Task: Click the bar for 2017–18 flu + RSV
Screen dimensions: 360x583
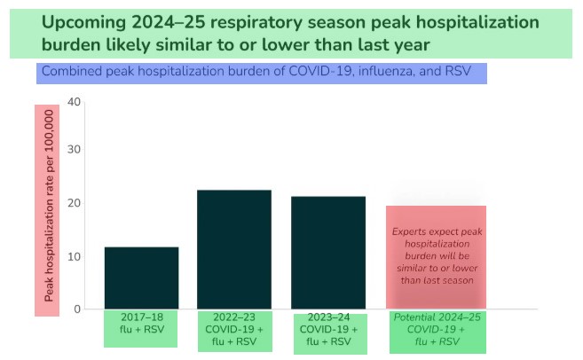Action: click(x=142, y=278)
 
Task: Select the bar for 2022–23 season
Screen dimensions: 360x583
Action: click(x=234, y=249)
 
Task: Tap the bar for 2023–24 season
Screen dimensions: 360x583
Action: click(x=328, y=253)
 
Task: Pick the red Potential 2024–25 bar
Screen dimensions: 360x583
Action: click(x=436, y=257)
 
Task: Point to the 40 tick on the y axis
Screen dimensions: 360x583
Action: click(x=75, y=101)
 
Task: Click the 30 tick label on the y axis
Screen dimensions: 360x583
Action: click(x=75, y=149)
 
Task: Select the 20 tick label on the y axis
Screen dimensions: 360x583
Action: click(x=75, y=203)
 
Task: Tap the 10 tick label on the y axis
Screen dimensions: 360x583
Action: click(x=75, y=257)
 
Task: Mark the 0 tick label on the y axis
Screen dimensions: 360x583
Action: click(x=78, y=309)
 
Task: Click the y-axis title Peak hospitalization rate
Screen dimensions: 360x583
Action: click(x=47, y=210)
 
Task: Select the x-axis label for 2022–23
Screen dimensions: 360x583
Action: click(x=234, y=329)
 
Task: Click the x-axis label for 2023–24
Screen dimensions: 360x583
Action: click(x=328, y=329)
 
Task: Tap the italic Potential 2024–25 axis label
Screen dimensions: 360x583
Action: click(x=437, y=329)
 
